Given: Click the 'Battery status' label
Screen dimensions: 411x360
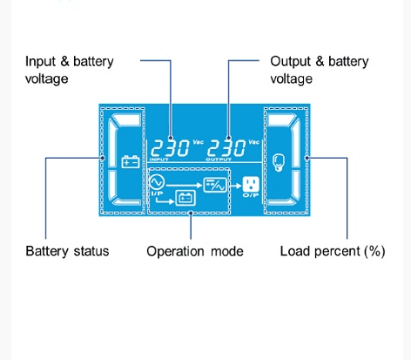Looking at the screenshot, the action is (x=67, y=251).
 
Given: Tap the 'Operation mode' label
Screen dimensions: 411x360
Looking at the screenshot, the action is (x=195, y=251).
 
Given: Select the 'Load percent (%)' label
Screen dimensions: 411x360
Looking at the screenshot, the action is (x=333, y=251).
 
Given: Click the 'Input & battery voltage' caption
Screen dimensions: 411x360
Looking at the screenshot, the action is (x=69, y=70).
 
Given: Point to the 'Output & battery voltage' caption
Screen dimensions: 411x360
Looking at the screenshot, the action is (x=320, y=70).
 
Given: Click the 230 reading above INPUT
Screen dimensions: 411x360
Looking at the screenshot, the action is (x=171, y=148).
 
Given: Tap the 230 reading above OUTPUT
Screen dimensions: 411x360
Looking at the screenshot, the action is (x=226, y=148).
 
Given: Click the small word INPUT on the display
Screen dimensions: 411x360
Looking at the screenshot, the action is (x=158, y=160).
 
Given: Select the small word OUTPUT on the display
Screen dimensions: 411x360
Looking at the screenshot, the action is (x=219, y=160).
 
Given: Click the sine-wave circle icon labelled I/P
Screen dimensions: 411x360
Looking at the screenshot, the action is (x=157, y=182).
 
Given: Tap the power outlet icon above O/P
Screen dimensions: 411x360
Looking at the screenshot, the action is (x=251, y=184).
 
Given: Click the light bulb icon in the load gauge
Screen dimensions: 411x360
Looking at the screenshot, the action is (x=279, y=163).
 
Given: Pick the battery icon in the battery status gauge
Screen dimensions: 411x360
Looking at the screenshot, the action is (x=131, y=162).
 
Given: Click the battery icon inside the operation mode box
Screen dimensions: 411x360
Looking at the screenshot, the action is (x=185, y=198).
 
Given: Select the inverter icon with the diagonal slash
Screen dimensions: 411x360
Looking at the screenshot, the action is (x=215, y=185).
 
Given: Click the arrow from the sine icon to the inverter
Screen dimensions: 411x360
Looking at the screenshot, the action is (x=184, y=185).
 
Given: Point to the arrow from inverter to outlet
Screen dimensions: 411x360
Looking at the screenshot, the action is (x=235, y=185).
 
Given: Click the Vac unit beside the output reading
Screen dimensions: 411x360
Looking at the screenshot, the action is (x=254, y=142).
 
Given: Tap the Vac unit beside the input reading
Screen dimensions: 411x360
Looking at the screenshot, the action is (x=199, y=142).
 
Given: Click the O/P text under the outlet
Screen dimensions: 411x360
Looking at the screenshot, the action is (x=251, y=195).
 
